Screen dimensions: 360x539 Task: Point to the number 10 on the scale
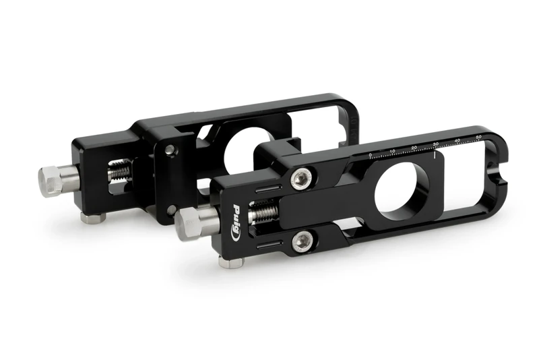392,150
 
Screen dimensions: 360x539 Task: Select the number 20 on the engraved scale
414,146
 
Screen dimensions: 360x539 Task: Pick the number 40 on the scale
457,140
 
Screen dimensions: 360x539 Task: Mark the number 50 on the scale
478,137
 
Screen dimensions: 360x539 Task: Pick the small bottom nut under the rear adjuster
92,218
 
